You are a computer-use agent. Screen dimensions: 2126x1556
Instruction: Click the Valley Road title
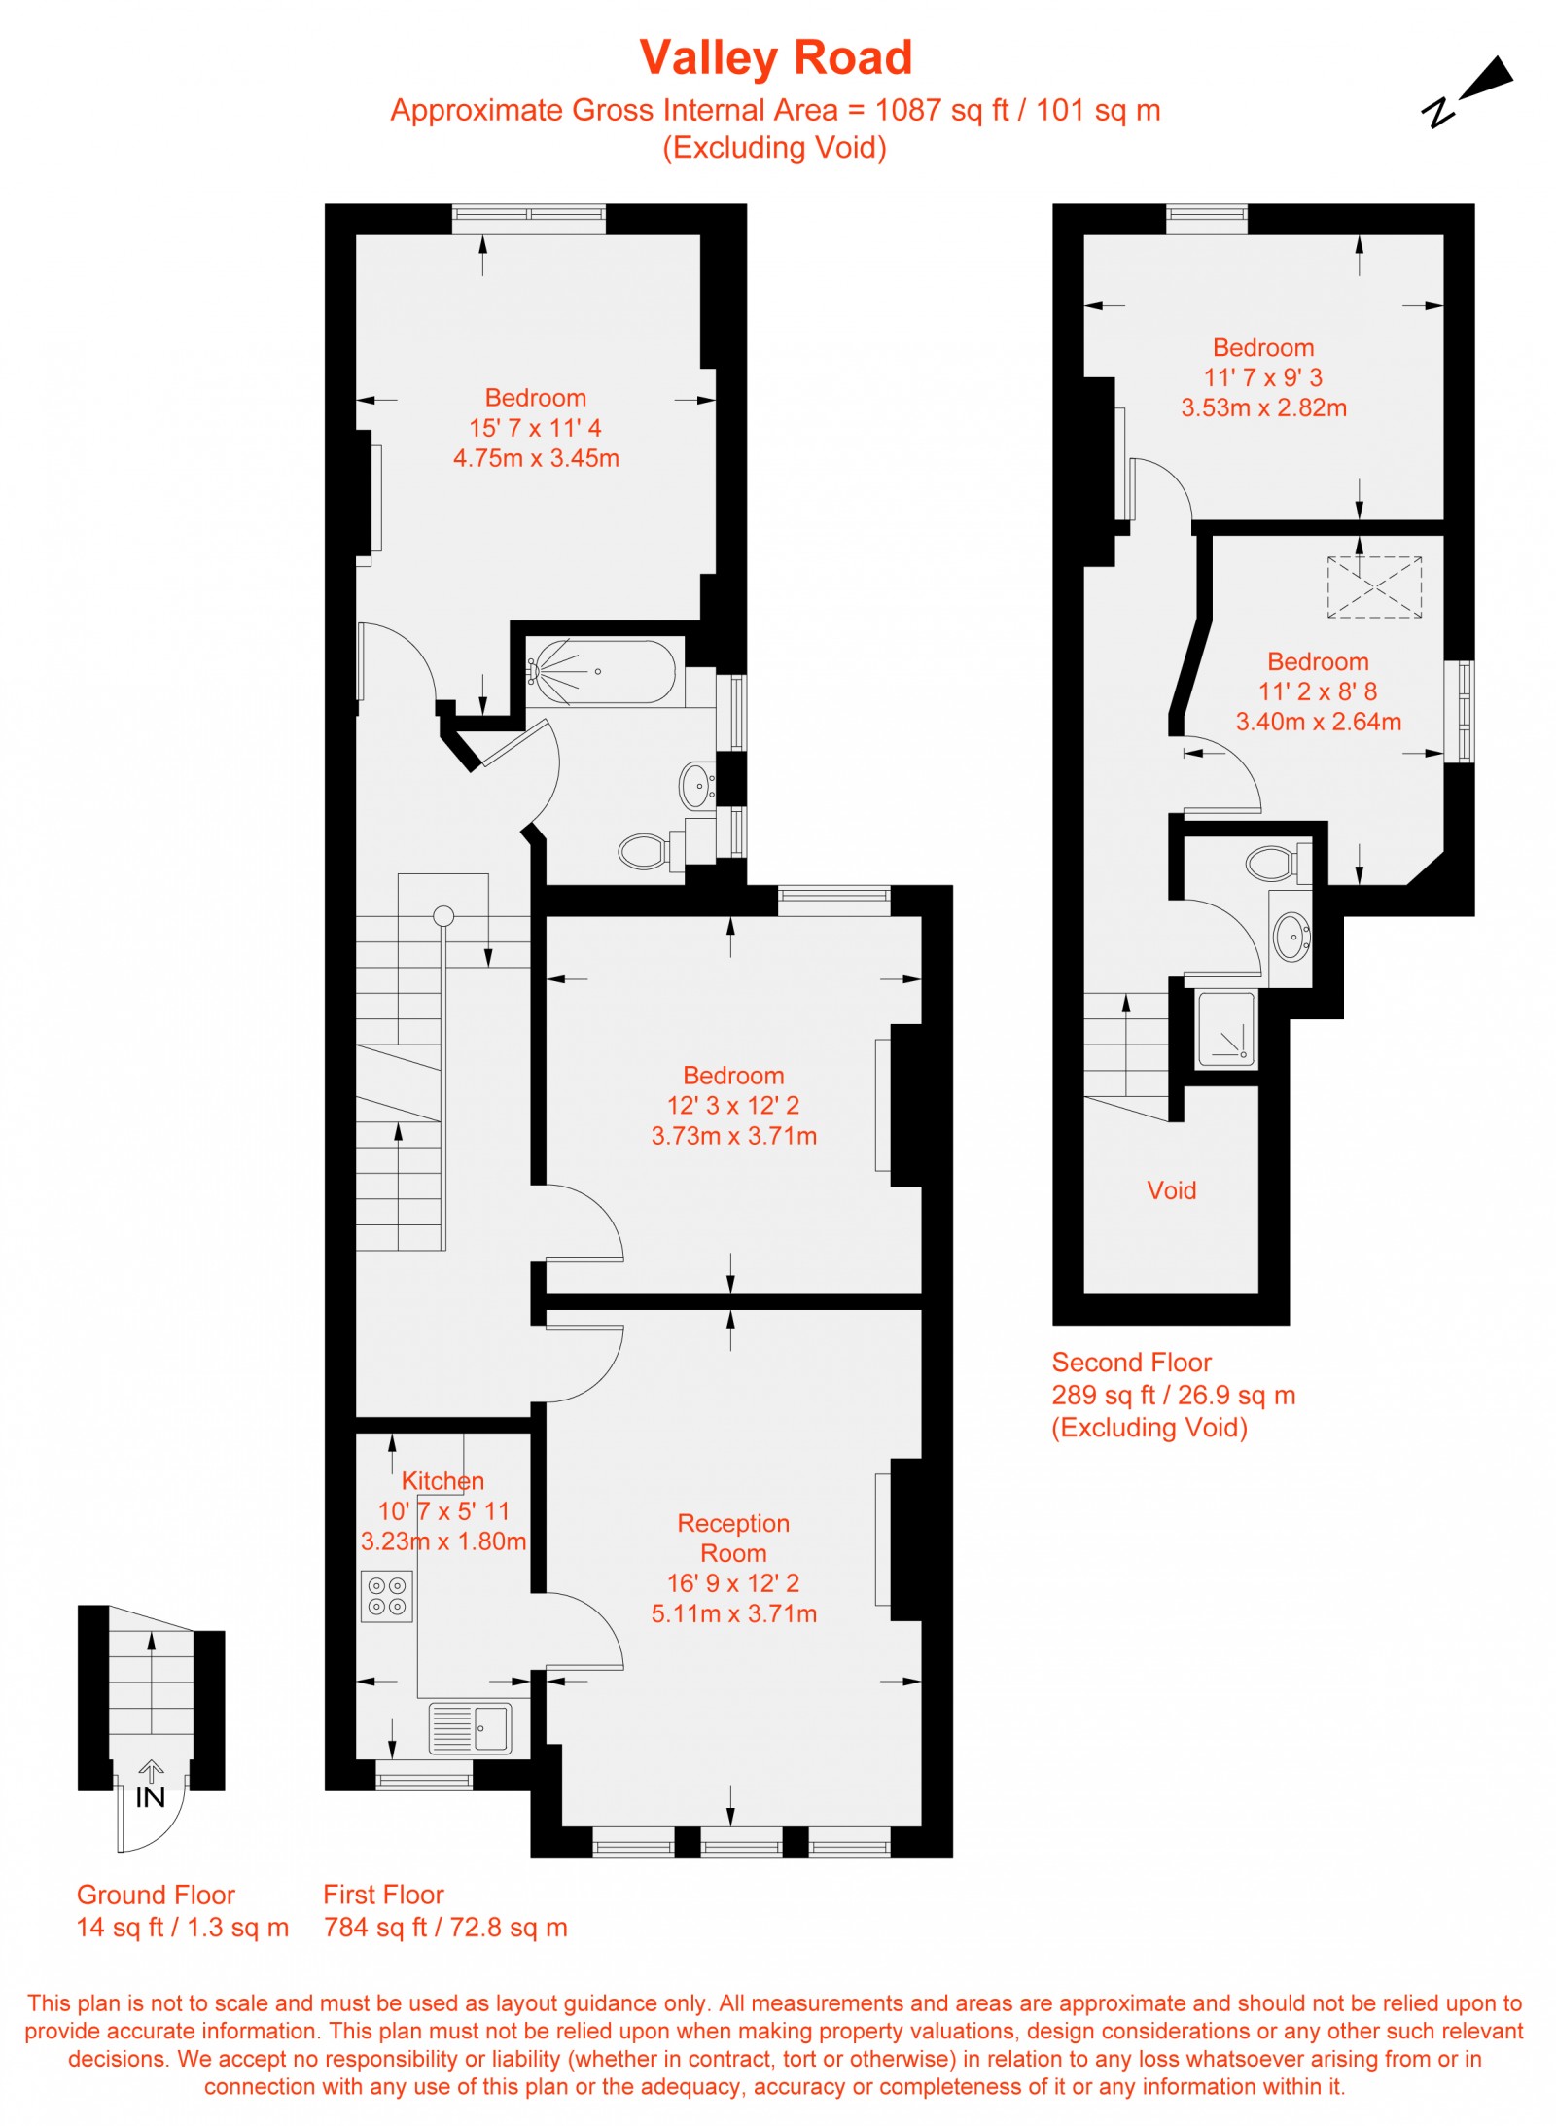tap(775, 57)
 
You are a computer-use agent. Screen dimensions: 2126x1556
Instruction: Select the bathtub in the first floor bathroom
tap(600, 671)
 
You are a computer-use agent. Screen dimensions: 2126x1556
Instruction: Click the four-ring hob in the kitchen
tap(386, 1596)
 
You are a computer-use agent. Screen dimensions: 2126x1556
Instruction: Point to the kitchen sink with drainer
tap(470, 1728)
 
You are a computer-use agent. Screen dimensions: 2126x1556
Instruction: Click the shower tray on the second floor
tap(1225, 1029)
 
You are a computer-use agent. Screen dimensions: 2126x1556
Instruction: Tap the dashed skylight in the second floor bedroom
tap(1373, 586)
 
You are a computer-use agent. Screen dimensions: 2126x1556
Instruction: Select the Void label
tap(1171, 1190)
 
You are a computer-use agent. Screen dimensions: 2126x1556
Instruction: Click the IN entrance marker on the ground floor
tap(150, 1796)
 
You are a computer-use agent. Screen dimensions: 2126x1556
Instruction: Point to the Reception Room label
tap(733, 1538)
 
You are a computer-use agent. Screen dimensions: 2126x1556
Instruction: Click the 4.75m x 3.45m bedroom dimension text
tap(536, 458)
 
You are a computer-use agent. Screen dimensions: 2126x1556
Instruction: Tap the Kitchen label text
tap(442, 1481)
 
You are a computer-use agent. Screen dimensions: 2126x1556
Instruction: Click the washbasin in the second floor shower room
tap(1291, 936)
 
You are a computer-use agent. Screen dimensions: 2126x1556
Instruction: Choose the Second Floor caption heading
tap(1131, 1363)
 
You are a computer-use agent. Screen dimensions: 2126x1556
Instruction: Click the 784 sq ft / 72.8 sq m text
tap(445, 1927)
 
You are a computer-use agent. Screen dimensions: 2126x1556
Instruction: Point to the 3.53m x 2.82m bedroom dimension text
tap(1263, 407)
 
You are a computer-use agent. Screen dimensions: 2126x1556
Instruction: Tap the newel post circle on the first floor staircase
tap(443, 915)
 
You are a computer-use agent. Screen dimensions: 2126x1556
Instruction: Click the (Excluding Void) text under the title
tap(774, 148)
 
